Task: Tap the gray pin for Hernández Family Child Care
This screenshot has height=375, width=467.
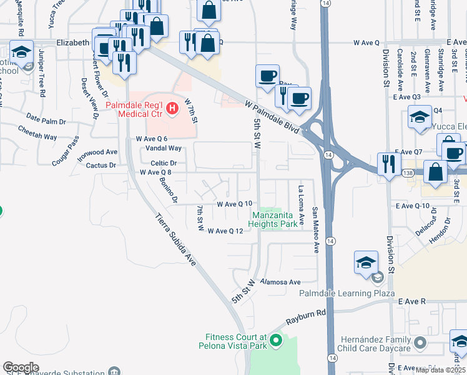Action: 420,342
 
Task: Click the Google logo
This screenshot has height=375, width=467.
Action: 21,368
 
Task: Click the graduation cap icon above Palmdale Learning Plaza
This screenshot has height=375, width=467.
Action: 366,262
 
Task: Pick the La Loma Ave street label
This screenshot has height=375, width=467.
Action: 301,204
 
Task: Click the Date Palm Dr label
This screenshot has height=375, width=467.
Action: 46,121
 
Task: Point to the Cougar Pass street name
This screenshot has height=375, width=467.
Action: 66,151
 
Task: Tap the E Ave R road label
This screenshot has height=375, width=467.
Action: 411,301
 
